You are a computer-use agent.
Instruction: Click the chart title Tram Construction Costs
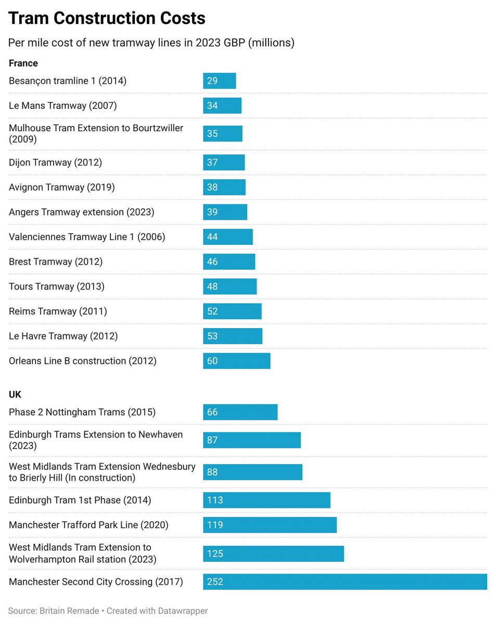(x=107, y=19)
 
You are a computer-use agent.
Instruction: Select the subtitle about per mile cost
(x=151, y=43)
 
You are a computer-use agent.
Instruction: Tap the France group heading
(x=23, y=63)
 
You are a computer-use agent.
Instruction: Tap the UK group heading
(x=15, y=395)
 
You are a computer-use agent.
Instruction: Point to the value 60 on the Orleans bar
(x=212, y=361)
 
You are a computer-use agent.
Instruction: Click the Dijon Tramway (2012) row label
(x=55, y=162)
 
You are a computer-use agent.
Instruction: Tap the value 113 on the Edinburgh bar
(x=215, y=500)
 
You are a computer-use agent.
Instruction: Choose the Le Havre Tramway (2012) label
(x=63, y=336)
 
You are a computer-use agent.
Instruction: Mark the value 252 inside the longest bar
(x=215, y=582)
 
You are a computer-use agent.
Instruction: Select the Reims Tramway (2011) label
(x=58, y=311)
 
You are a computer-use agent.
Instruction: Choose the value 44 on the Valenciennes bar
(x=212, y=237)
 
